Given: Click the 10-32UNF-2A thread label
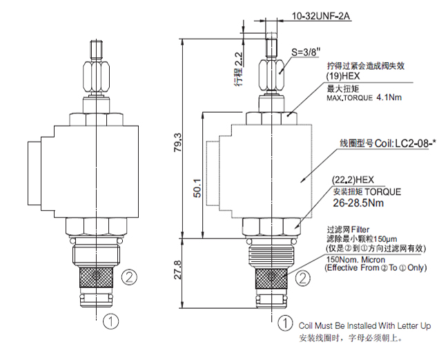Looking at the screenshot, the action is click(321, 16).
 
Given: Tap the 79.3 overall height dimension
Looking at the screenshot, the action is click(178, 142).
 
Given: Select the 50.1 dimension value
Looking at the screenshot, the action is click(197, 188).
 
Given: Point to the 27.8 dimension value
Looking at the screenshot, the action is click(178, 270).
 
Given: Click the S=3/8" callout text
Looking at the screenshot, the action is click(306, 52).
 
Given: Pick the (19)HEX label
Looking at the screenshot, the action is click(343, 76).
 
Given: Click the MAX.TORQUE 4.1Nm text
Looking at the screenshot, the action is click(364, 97).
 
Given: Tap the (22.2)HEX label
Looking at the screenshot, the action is click(353, 180).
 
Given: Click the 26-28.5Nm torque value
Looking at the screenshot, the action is click(358, 202).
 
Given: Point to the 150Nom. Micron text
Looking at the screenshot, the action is click(356, 259).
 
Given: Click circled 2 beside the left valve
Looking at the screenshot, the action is click(129, 277).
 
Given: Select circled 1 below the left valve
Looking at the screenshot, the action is click(110, 321).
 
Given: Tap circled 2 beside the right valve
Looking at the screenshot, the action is click(303, 278).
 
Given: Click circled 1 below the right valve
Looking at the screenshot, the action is click(285, 323).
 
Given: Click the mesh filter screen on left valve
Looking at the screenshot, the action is click(96, 276).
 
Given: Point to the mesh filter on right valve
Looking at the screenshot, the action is click(271, 278).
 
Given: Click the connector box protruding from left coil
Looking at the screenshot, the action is click(35, 173).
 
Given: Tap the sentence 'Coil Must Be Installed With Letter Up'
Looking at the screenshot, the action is click(364, 325).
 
